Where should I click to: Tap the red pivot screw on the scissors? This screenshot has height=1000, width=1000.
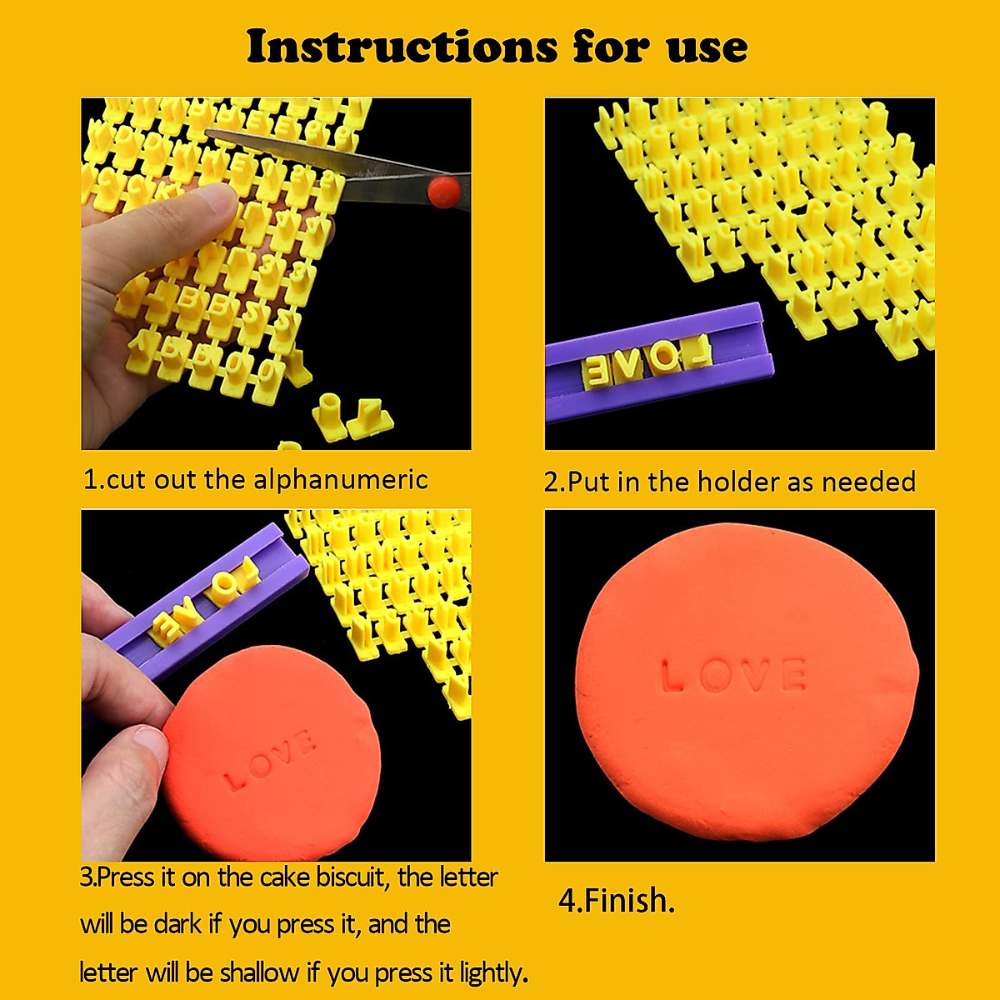coord(443,191)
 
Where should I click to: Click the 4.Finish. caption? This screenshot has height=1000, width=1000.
coord(616,901)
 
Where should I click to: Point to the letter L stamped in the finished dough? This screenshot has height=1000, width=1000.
coord(672,675)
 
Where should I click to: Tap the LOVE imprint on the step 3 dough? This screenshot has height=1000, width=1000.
coord(268,759)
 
